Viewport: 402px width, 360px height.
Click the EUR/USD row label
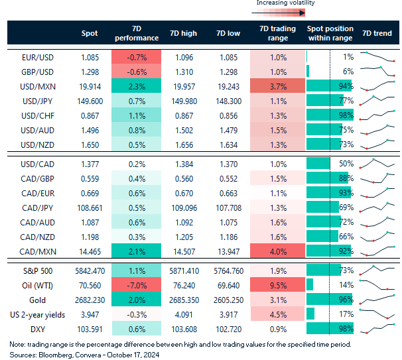tap(38, 58)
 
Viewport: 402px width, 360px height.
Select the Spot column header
tap(89, 33)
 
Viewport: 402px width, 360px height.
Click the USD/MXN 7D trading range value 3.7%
tap(278, 86)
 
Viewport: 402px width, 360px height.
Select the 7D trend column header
tap(377, 33)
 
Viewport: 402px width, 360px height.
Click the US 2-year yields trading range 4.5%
tap(278, 314)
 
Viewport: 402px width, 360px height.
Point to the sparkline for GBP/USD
tap(377, 72)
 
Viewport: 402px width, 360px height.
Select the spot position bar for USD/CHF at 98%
tap(329, 115)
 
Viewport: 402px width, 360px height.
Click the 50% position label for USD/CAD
tap(346, 163)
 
